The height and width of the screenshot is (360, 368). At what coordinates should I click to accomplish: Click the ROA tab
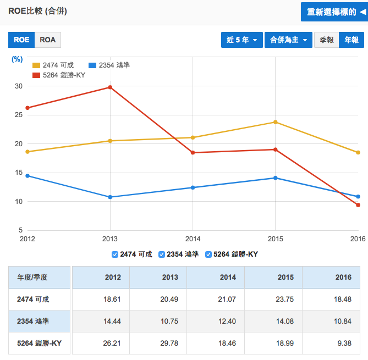tap(48, 40)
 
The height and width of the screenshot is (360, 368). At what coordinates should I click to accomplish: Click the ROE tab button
tap(21, 40)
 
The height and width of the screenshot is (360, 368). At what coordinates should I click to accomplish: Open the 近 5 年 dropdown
tap(241, 40)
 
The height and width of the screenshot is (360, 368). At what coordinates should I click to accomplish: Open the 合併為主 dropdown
tap(288, 40)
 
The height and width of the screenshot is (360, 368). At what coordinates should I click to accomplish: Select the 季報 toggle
tap(326, 40)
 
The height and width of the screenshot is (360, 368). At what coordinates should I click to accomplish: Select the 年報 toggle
tap(351, 40)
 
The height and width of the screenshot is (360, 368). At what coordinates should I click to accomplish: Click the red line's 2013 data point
tap(110, 87)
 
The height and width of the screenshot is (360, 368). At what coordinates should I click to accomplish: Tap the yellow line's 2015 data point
tap(276, 122)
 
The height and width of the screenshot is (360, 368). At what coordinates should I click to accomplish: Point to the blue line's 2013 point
tap(110, 197)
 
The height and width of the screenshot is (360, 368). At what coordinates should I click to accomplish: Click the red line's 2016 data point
tap(358, 205)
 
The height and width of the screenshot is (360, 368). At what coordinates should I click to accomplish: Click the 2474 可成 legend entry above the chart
tap(54, 65)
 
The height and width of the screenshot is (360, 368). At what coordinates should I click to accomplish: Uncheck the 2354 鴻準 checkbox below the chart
tap(162, 254)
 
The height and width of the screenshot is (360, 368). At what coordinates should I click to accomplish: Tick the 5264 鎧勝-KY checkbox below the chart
tap(208, 254)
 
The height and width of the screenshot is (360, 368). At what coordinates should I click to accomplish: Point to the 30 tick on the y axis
tap(19, 86)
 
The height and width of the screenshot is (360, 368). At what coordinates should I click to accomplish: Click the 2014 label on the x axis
tap(193, 239)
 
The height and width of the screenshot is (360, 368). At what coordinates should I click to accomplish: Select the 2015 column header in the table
tap(285, 278)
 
